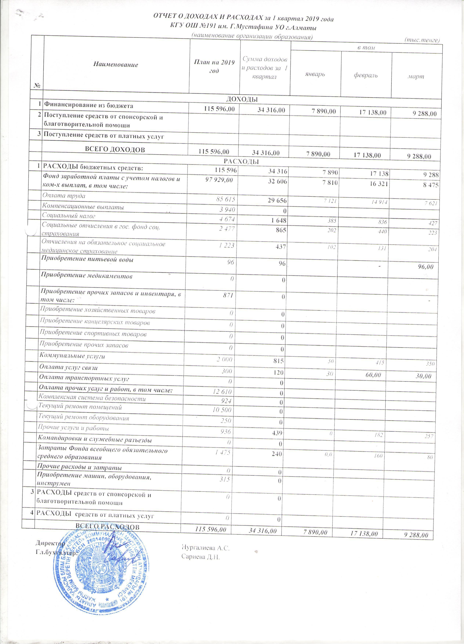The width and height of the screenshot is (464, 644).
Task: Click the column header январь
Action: pos(315,74)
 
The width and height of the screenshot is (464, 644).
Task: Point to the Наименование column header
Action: pos(116,64)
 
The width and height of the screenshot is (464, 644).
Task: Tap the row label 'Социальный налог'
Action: pos(69,216)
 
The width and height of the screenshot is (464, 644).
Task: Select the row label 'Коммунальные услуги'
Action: pos(72,356)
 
